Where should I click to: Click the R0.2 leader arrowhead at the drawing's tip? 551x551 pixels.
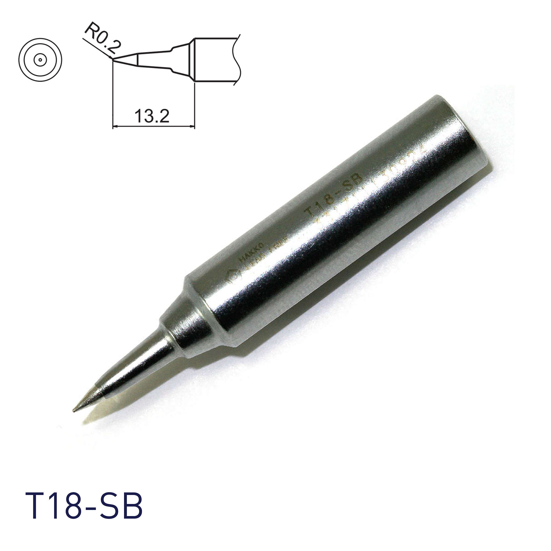click(x=112, y=59)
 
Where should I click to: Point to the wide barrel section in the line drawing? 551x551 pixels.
click(x=214, y=60)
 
